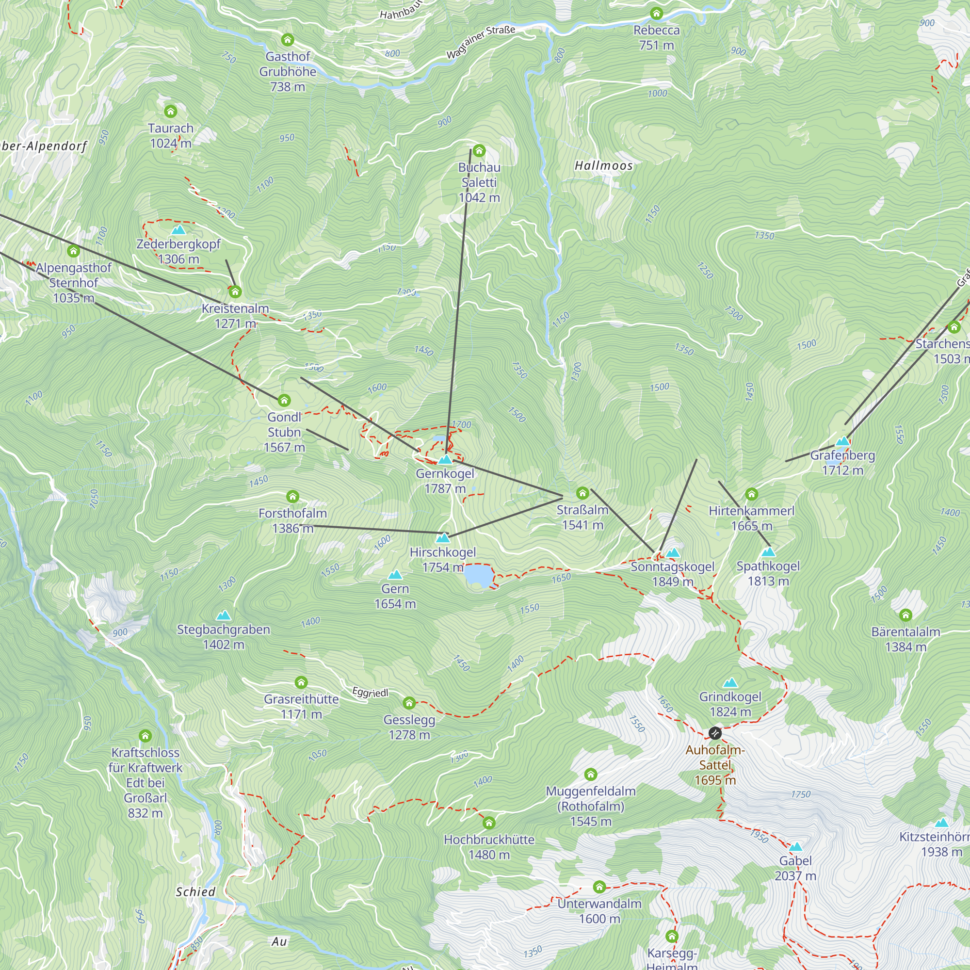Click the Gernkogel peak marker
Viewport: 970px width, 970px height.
[x=445, y=459]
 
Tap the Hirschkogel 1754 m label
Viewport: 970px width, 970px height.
[x=443, y=559]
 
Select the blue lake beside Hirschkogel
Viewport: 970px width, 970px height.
[x=477, y=575]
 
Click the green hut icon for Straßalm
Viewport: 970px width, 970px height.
[x=582, y=493]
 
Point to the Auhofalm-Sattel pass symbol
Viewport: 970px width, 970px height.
[x=715, y=733]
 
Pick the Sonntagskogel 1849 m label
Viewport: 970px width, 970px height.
[x=672, y=574]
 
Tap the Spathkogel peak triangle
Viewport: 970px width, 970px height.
[x=768, y=552]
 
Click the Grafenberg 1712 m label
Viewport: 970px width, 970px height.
[x=842, y=462]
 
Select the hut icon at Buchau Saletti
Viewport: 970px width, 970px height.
[x=479, y=150]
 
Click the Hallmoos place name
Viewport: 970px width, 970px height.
[x=603, y=166]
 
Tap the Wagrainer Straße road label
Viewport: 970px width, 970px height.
[x=481, y=42]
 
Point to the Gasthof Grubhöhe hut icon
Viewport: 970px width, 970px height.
[x=288, y=40]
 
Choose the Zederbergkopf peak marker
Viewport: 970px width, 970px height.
[x=179, y=230]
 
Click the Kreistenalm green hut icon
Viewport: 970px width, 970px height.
[x=235, y=291]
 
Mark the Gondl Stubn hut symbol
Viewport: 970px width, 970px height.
[x=284, y=400]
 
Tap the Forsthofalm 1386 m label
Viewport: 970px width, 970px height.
[x=293, y=520]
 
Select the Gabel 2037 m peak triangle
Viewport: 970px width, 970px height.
[x=795, y=847]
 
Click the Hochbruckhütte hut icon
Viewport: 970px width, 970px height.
[x=489, y=823]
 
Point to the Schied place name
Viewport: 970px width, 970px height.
[x=195, y=892]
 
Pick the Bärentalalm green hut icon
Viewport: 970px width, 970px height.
[x=905, y=614]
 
